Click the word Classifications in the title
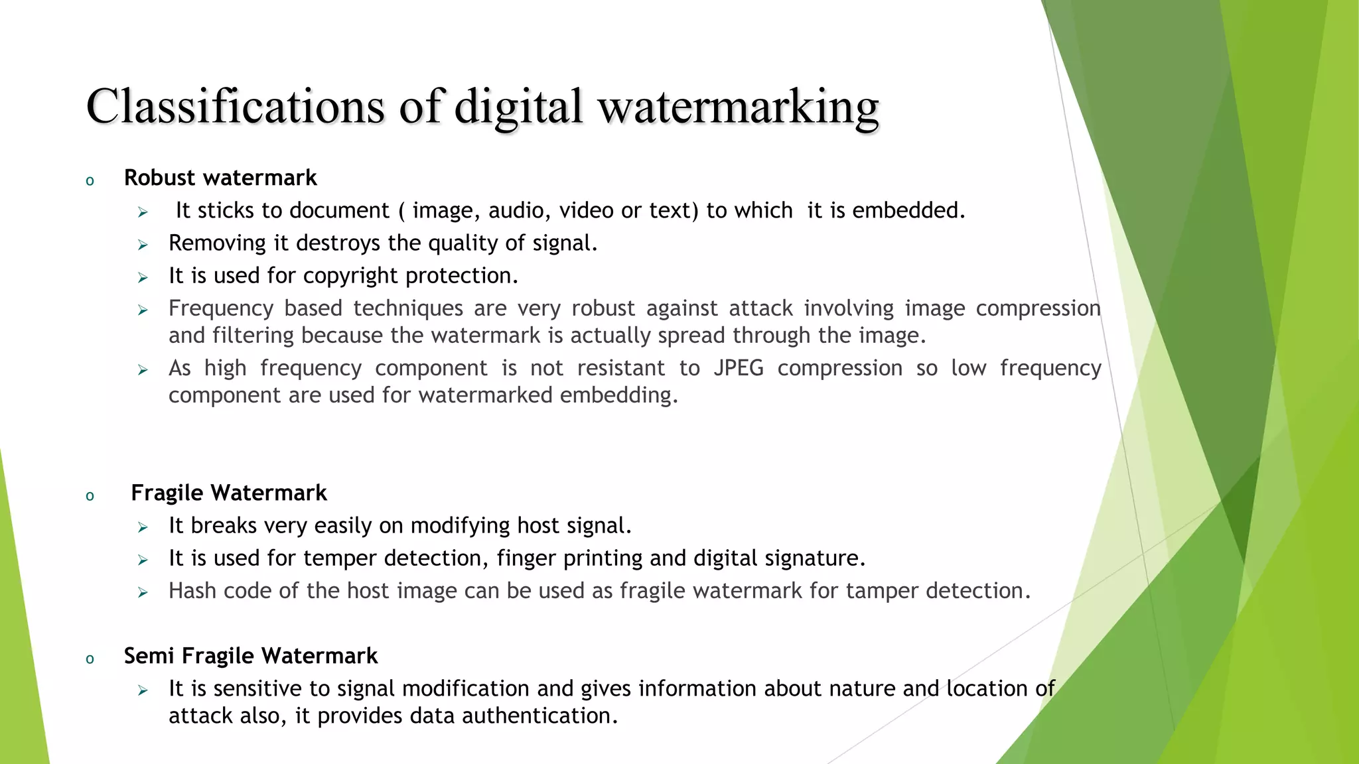[x=235, y=106]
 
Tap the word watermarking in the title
[x=739, y=106]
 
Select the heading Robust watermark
[x=220, y=178]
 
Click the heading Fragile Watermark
[x=229, y=493]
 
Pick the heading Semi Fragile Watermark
[x=251, y=656]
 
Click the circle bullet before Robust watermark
[x=90, y=181]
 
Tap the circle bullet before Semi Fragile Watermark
[x=90, y=659]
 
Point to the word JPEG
[x=739, y=368]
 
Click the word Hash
[x=192, y=591]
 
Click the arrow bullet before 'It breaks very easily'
[x=143, y=528]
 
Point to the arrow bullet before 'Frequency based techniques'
[x=143, y=310]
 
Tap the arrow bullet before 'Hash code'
[x=143, y=593]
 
